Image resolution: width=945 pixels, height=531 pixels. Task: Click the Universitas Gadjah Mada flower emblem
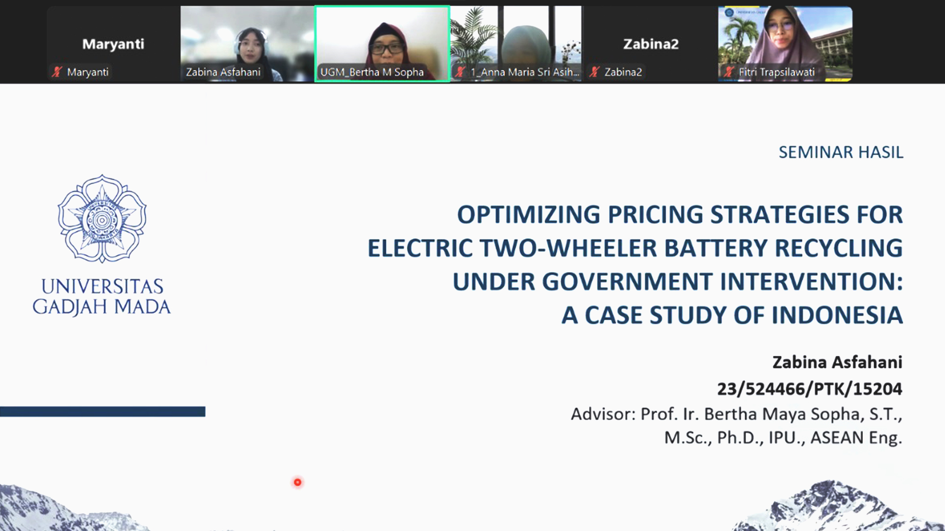102,219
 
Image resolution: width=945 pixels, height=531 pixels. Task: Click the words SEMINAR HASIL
841,152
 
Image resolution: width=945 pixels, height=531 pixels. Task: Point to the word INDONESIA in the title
837,315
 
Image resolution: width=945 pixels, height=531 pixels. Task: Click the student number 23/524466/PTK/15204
810,389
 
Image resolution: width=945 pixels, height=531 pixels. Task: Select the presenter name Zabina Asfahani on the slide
837,362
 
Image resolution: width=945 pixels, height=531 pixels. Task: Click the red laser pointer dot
297,482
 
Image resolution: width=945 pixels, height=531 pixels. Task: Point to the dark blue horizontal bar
102,412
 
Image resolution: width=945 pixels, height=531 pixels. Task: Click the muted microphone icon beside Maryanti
57,72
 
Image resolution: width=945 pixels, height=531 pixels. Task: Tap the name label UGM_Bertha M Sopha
372,72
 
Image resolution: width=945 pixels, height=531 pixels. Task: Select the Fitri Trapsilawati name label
777,72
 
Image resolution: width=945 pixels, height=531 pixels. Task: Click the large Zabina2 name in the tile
651,44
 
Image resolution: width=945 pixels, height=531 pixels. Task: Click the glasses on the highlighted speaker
387,48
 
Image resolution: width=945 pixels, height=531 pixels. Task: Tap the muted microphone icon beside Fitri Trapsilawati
729,72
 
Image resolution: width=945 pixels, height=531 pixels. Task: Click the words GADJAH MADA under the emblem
101,307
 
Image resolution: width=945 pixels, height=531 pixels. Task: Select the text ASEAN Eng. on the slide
856,438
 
